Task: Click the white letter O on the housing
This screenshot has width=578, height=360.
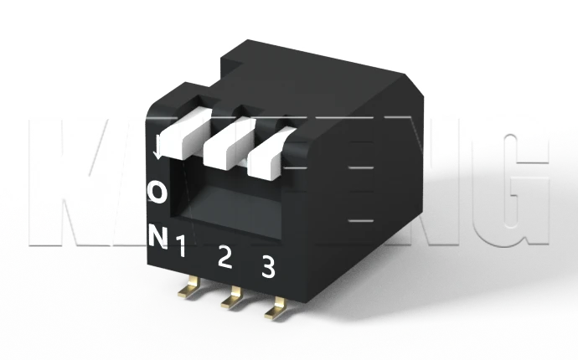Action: click(157, 192)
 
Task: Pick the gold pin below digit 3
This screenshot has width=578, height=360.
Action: click(275, 311)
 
